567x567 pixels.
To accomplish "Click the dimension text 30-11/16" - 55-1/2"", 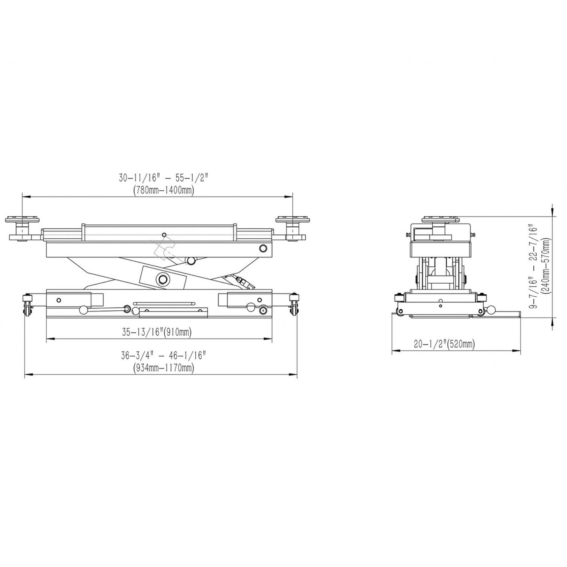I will click(x=163, y=178).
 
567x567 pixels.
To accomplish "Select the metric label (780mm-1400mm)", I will click(x=163, y=190).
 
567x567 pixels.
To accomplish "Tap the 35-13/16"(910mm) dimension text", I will click(x=157, y=332).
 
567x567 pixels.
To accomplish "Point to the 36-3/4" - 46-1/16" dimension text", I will click(x=163, y=356).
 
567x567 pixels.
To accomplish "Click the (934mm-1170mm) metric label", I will click(x=163, y=368).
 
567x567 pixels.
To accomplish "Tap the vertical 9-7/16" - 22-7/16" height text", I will click(x=532, y=267).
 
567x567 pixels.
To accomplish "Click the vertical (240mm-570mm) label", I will click(x=545, y=267).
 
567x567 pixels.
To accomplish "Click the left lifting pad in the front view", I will click(x=23, y=220).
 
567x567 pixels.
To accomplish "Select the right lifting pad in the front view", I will click(x=293, y=220).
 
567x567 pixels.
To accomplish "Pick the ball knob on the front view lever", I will click(x=84, y=310).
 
